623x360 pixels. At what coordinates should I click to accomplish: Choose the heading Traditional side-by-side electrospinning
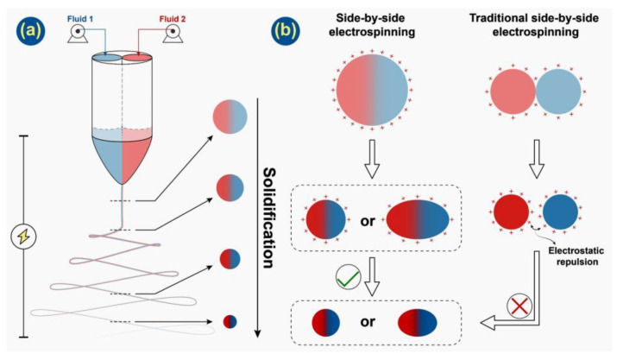(x=538, y=23)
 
